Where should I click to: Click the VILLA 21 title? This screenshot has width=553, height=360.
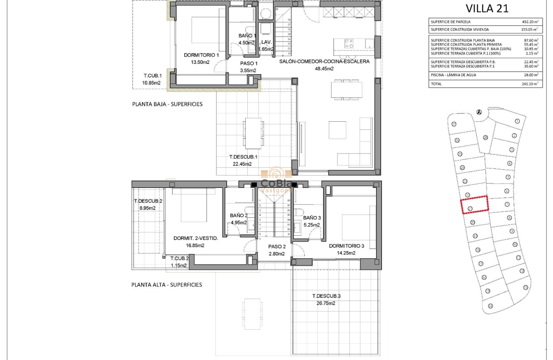coord(487,9)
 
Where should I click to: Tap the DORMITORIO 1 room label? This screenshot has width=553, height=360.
coord(201,55)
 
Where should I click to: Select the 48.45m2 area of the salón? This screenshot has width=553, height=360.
coord(324,69)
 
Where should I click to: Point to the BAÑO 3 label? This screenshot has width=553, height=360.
coord(312,218)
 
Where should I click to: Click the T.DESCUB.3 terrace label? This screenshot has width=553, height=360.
coord(326,296)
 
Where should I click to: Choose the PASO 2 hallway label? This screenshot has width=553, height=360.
coord(277,246)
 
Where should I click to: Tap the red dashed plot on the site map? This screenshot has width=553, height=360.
coord(475,204)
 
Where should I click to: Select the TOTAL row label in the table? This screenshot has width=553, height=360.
coord(436,84)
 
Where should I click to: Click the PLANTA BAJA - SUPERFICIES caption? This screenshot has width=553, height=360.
coord(167,104)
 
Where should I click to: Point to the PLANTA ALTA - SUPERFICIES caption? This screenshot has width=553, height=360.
coord(167,285)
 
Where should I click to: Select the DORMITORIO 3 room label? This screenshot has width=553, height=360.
coord(346,246)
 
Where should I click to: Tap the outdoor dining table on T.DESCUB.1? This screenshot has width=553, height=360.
coord(253,133)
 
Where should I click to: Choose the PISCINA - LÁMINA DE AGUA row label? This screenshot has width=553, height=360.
coord(453,75)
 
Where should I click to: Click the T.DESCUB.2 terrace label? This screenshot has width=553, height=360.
coord(148,201)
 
